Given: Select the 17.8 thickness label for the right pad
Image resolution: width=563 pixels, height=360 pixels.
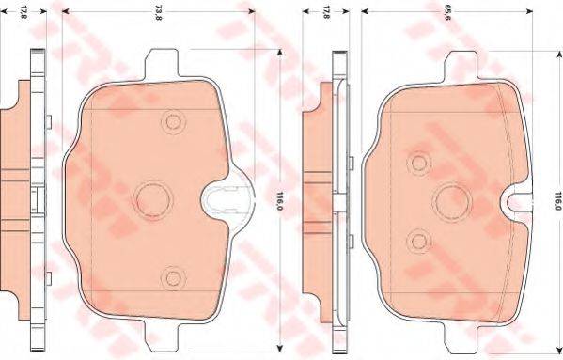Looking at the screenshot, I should [324, 13].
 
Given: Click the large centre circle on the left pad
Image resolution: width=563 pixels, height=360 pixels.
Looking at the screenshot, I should [150, 198].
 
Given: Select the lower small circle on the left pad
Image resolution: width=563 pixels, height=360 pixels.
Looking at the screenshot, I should [170, 275].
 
